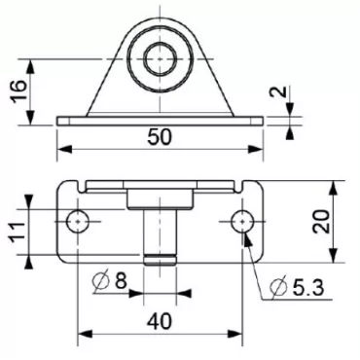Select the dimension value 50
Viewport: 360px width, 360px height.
162,136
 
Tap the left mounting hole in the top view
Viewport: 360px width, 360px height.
78,223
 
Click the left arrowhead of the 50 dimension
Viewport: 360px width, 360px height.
63,150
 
